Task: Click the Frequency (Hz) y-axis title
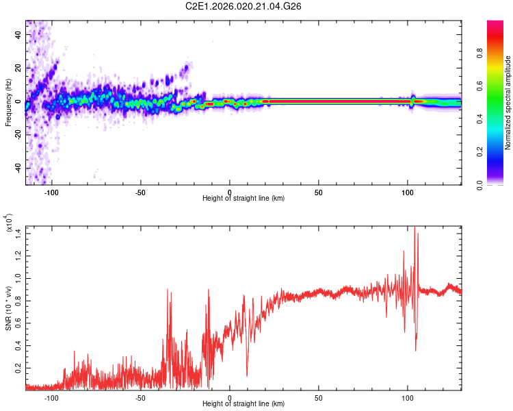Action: point(8,102)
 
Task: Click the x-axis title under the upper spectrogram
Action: point(244,199)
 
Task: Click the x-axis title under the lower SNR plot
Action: point(244,406)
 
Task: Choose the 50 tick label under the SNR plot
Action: point(319,397)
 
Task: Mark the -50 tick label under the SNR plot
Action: point(140,397)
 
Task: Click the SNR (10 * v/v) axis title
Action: point(8,306)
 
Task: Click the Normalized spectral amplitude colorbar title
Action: point(508,103)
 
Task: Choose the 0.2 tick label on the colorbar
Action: point(500,152)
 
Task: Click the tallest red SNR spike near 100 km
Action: point(415,229)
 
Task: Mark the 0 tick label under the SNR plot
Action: point(230,397)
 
